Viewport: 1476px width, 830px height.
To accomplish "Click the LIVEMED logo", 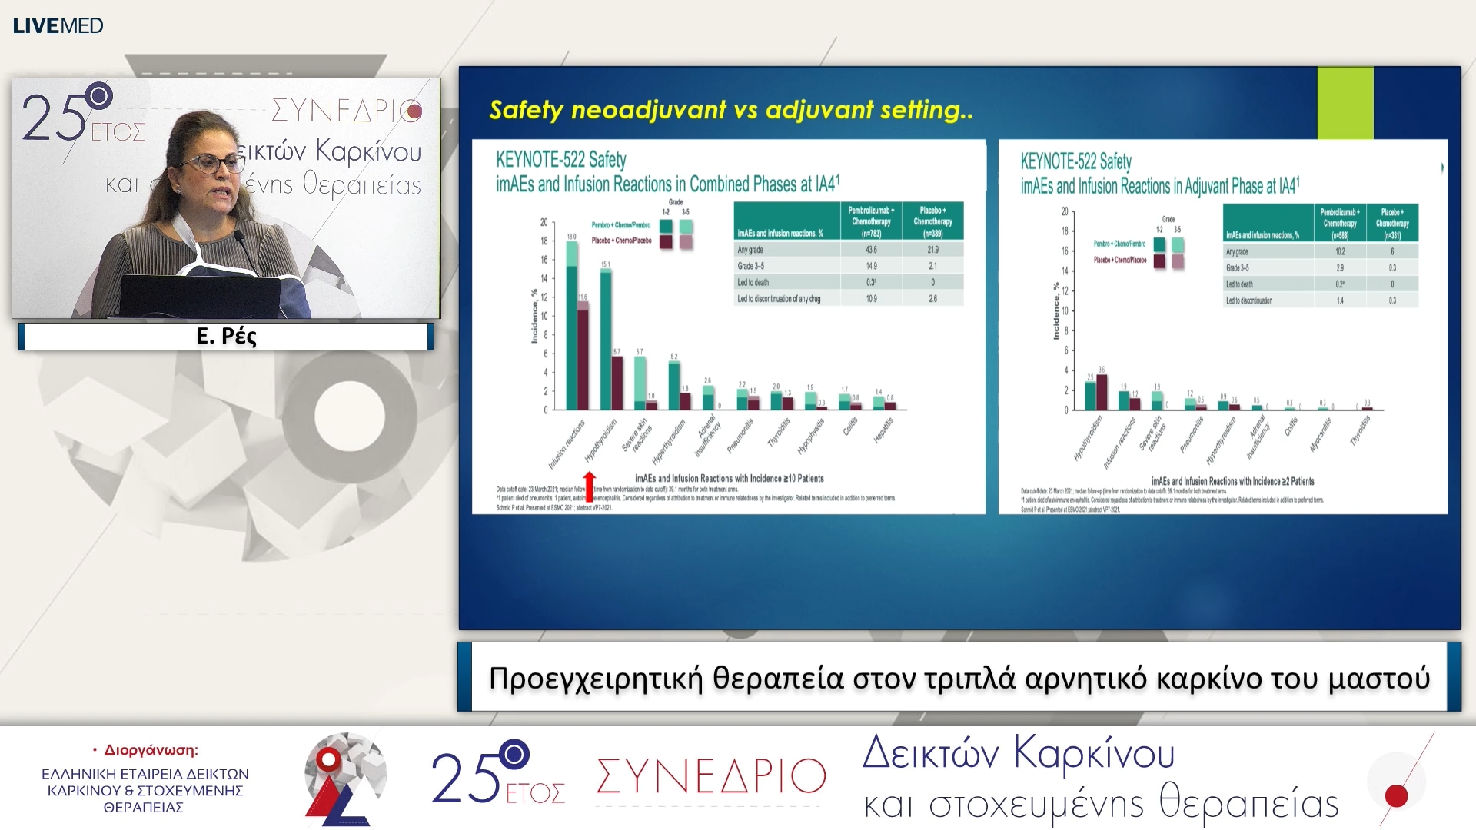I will (58, 25).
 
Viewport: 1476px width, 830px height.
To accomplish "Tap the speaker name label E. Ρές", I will (226, 336).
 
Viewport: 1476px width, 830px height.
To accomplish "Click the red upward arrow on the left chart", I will (590, 486).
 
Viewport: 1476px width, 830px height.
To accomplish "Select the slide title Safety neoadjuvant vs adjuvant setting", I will (730, 110).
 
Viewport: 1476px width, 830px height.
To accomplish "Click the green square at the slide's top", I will (1345, 102).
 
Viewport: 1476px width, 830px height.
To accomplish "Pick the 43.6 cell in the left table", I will (871, 250).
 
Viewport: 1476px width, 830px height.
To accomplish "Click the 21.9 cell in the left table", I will (932, 250).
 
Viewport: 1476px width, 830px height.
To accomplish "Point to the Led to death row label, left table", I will (753, 282).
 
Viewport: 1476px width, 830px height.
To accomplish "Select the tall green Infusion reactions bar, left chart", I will (571, 330).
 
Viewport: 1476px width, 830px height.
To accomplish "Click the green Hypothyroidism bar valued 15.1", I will (606, 338).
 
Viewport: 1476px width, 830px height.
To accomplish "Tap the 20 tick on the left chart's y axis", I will (544, 223).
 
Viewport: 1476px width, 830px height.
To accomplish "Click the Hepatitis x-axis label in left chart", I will (883, 430).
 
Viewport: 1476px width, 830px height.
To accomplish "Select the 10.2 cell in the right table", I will (1340, 251).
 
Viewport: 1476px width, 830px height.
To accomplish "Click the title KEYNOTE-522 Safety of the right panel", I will (1075, 161).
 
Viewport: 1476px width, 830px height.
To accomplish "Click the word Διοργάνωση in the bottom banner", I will (151, 750).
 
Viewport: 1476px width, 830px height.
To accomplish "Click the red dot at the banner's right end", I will (1396, 795).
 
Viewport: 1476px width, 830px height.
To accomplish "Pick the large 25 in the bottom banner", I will (465, 779).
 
